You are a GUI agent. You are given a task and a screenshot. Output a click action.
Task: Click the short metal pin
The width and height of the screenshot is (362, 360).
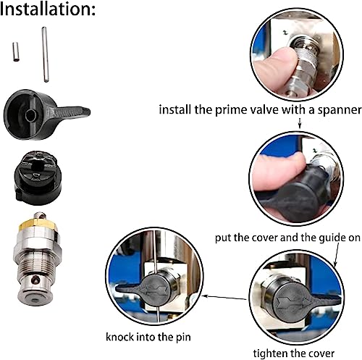[x=15, y=53]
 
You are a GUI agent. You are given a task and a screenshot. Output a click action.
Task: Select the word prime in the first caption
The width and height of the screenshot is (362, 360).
[x=233, y=111]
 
